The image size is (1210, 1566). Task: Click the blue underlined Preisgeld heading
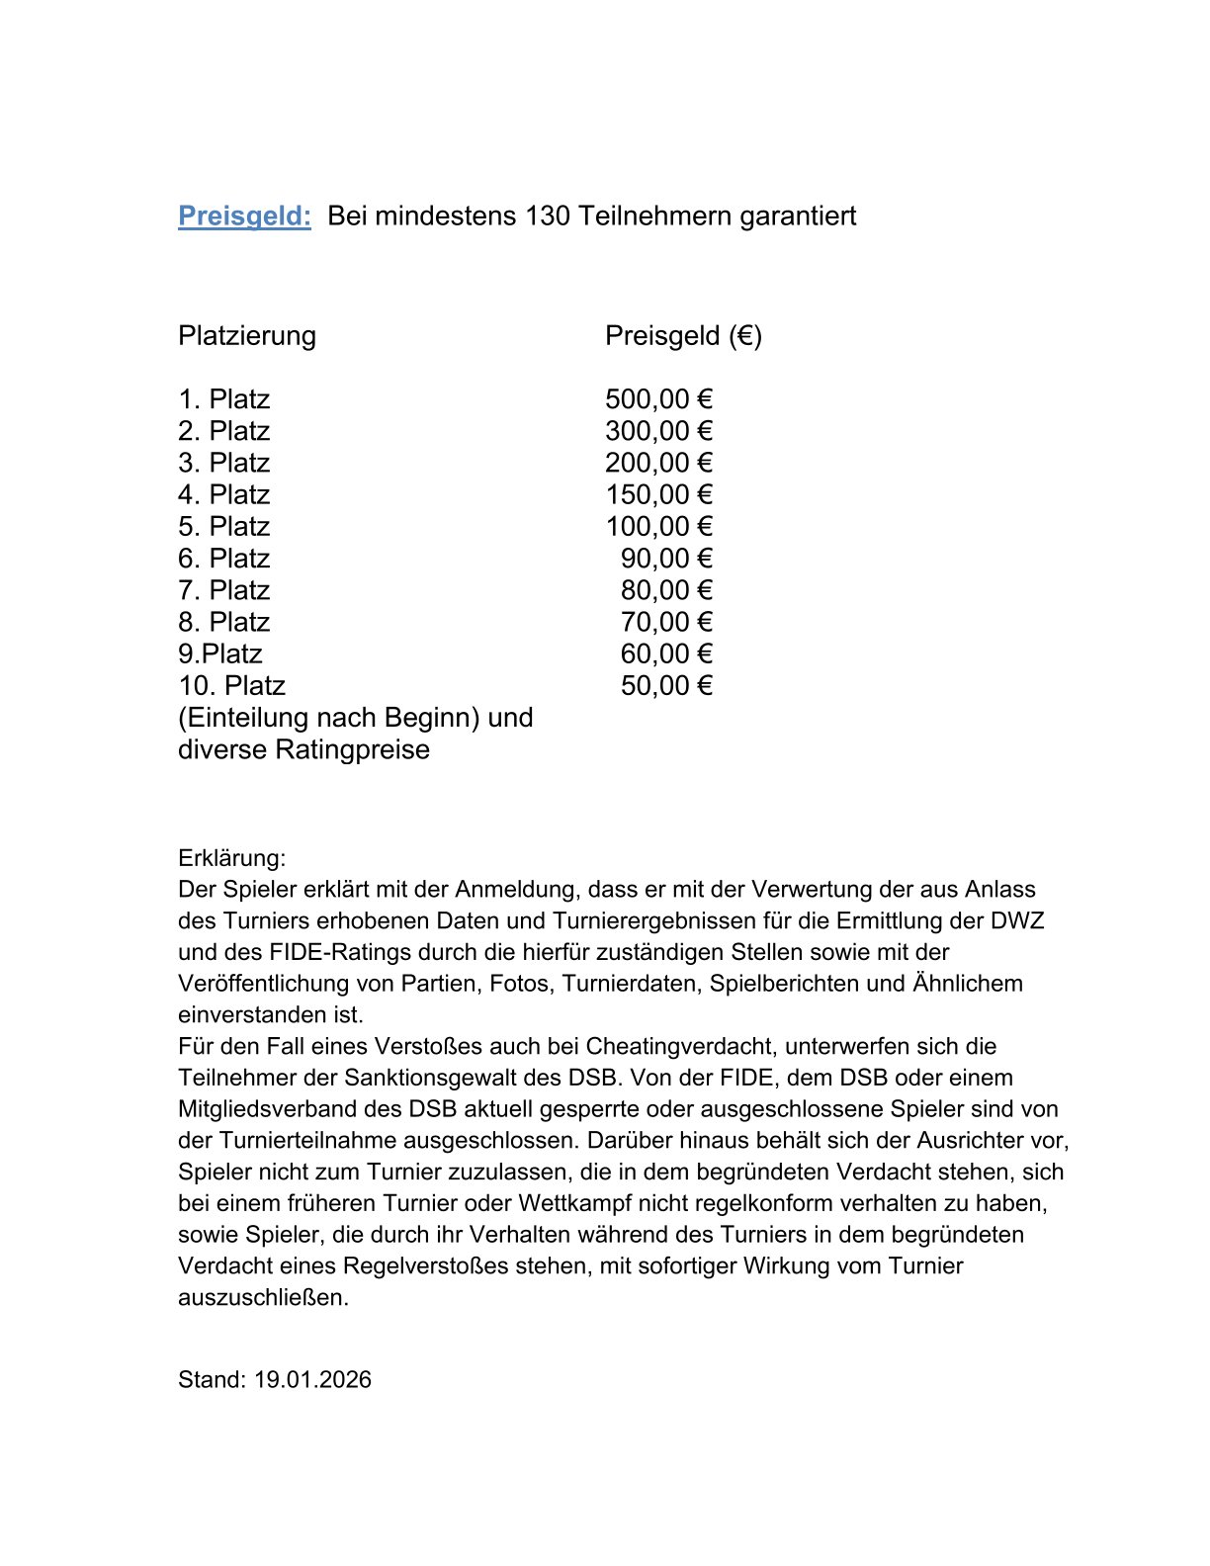coord(244,216)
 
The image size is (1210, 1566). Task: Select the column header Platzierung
coord(247,336)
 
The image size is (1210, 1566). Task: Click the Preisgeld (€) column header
coord(683,336)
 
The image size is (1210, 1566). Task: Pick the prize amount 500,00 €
coord(658,399)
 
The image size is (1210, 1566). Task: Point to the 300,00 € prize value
coord(658,431)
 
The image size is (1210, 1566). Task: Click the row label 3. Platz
coord(223,463)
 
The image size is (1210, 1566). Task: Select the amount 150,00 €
coord(658,494)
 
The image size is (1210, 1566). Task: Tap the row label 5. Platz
coord(223,526)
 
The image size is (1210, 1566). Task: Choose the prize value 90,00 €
coord(666,559)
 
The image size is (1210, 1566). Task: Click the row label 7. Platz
coord(223,590)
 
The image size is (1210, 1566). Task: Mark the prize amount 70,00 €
coord(666,622)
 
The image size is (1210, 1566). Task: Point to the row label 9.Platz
coord(219,653)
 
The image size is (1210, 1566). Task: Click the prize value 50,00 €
coord(666,685)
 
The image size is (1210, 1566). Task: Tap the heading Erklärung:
coord(231,857)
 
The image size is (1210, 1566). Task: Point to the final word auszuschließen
coord(263,1297)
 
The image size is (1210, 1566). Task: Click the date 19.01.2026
coord(312,1379)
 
